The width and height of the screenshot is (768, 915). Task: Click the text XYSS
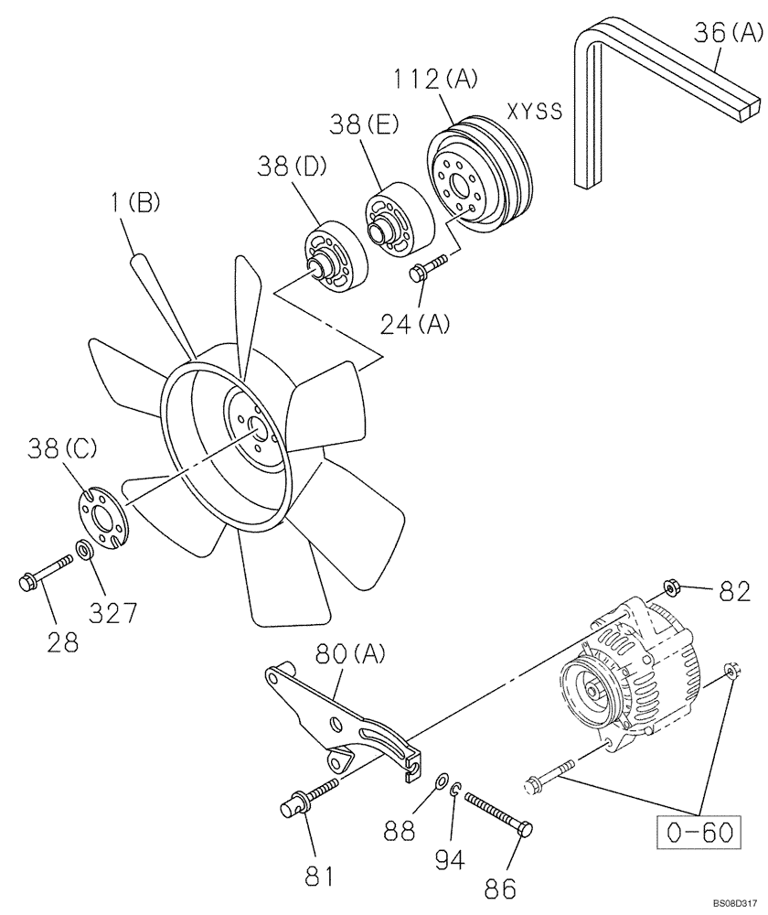(534, 113)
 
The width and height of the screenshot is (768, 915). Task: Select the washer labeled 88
(441, 780)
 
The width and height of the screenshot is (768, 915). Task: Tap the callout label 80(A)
(352, 654)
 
